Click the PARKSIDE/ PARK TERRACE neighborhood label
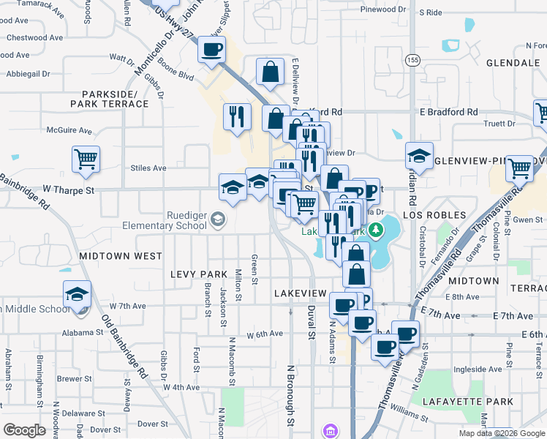(110, 99)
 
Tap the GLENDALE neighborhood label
(512, 63)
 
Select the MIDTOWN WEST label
(121, 256)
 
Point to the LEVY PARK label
(200, 274)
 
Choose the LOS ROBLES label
(434, 215)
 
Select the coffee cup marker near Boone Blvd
(211, 50)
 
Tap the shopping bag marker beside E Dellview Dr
(270, 72)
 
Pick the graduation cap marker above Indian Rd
(419, 155)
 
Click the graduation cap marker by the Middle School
(77, 294)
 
